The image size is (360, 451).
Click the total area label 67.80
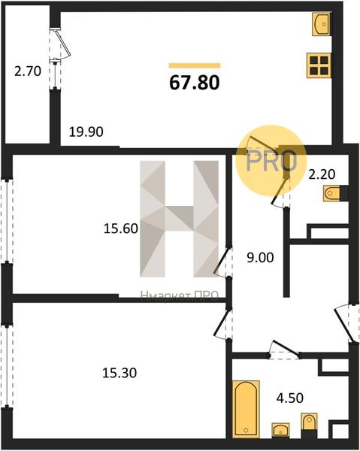tap(195, 83)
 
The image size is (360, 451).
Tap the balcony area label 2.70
tap(28, 71)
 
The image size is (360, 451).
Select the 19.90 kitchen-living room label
tap(86, 132)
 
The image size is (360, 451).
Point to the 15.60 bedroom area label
tap(121, 229)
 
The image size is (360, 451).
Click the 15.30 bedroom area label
tap(119, 373)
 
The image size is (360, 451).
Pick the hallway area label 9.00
tap(260, 258)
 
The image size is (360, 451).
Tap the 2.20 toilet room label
tap(322, 174)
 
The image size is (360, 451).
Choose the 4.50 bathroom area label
tap(290, 398)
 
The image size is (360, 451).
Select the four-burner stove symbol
tap(319, 65)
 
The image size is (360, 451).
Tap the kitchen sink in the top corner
tap(322, 24)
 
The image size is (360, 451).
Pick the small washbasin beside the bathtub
tap(280, 431)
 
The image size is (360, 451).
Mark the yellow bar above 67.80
tap(195, 65)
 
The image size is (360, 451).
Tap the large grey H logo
tap(179, 219)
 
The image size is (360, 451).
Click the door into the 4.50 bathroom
tap(284, 350)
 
